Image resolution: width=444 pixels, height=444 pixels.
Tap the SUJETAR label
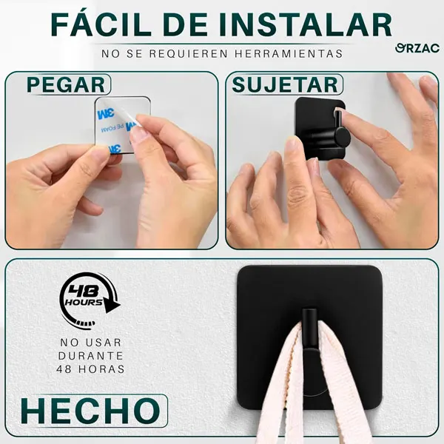[x=285, y=84]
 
